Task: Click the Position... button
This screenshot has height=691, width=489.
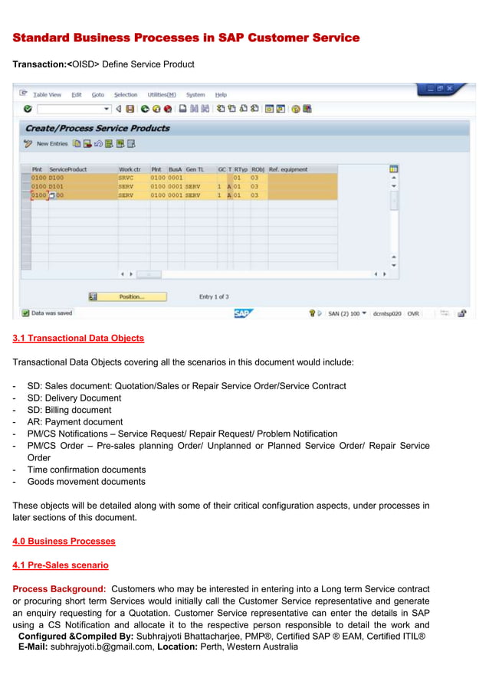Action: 130,296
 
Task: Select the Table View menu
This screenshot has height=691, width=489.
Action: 47,95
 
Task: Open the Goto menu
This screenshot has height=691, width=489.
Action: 98,95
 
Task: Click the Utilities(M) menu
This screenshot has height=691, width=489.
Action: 161,95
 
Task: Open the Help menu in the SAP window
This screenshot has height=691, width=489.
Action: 221,95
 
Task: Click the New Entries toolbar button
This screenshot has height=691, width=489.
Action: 52,144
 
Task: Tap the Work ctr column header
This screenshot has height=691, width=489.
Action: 130,169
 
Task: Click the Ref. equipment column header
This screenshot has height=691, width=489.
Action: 287,169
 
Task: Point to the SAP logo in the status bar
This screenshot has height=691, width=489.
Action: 243,313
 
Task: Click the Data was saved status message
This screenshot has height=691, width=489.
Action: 52,313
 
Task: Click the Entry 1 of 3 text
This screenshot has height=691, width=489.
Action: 214,297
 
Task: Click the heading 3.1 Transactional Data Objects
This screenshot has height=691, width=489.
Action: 78,338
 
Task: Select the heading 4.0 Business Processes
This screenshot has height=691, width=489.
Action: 64,541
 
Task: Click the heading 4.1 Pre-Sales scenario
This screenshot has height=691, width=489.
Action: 61,565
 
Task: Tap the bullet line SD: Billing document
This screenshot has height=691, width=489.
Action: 69,410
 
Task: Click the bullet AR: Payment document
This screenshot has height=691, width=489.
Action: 74,422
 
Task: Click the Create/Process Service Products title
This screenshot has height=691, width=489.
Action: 97,128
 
